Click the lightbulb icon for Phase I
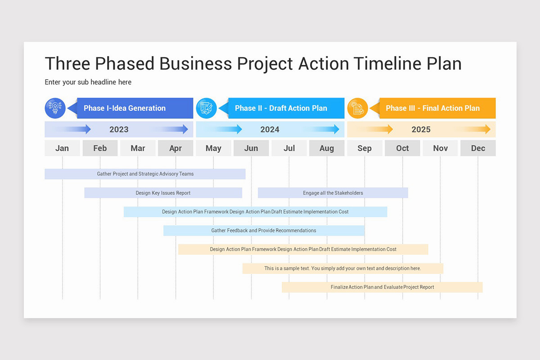pos(55,108)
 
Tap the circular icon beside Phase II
pos(207,108)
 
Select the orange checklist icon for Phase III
pos(358,108)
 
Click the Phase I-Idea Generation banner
pos(130,108)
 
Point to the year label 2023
pos(119,130)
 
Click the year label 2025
pos(421,130)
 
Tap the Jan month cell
pos(62,148)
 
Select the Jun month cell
pos(251,148)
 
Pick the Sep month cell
pos(364,148)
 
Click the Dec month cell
pos(478,148)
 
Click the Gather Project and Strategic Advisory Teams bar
pos(145,174)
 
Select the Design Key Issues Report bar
pos(163,193)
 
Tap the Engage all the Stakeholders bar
pos(333,193)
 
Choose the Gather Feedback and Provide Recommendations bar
pos(264,230)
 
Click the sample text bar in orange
pos(342,268)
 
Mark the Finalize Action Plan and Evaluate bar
pos(382,287)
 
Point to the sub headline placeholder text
pos(88,82)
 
